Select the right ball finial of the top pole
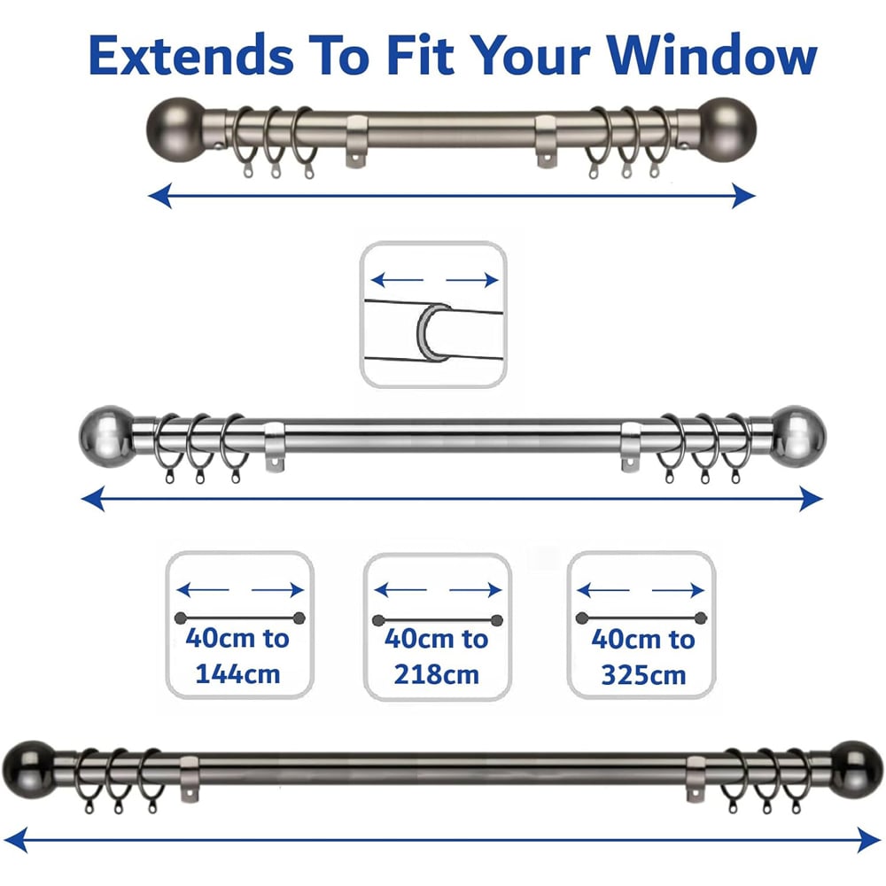click(x=728, y=126)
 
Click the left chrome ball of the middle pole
click(x=108, y=436)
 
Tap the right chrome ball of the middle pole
click(x=797, y=436)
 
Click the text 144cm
click(x=237, y=673)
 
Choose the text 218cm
click(x=436, y=673)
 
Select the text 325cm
click(x=643, y=675)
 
